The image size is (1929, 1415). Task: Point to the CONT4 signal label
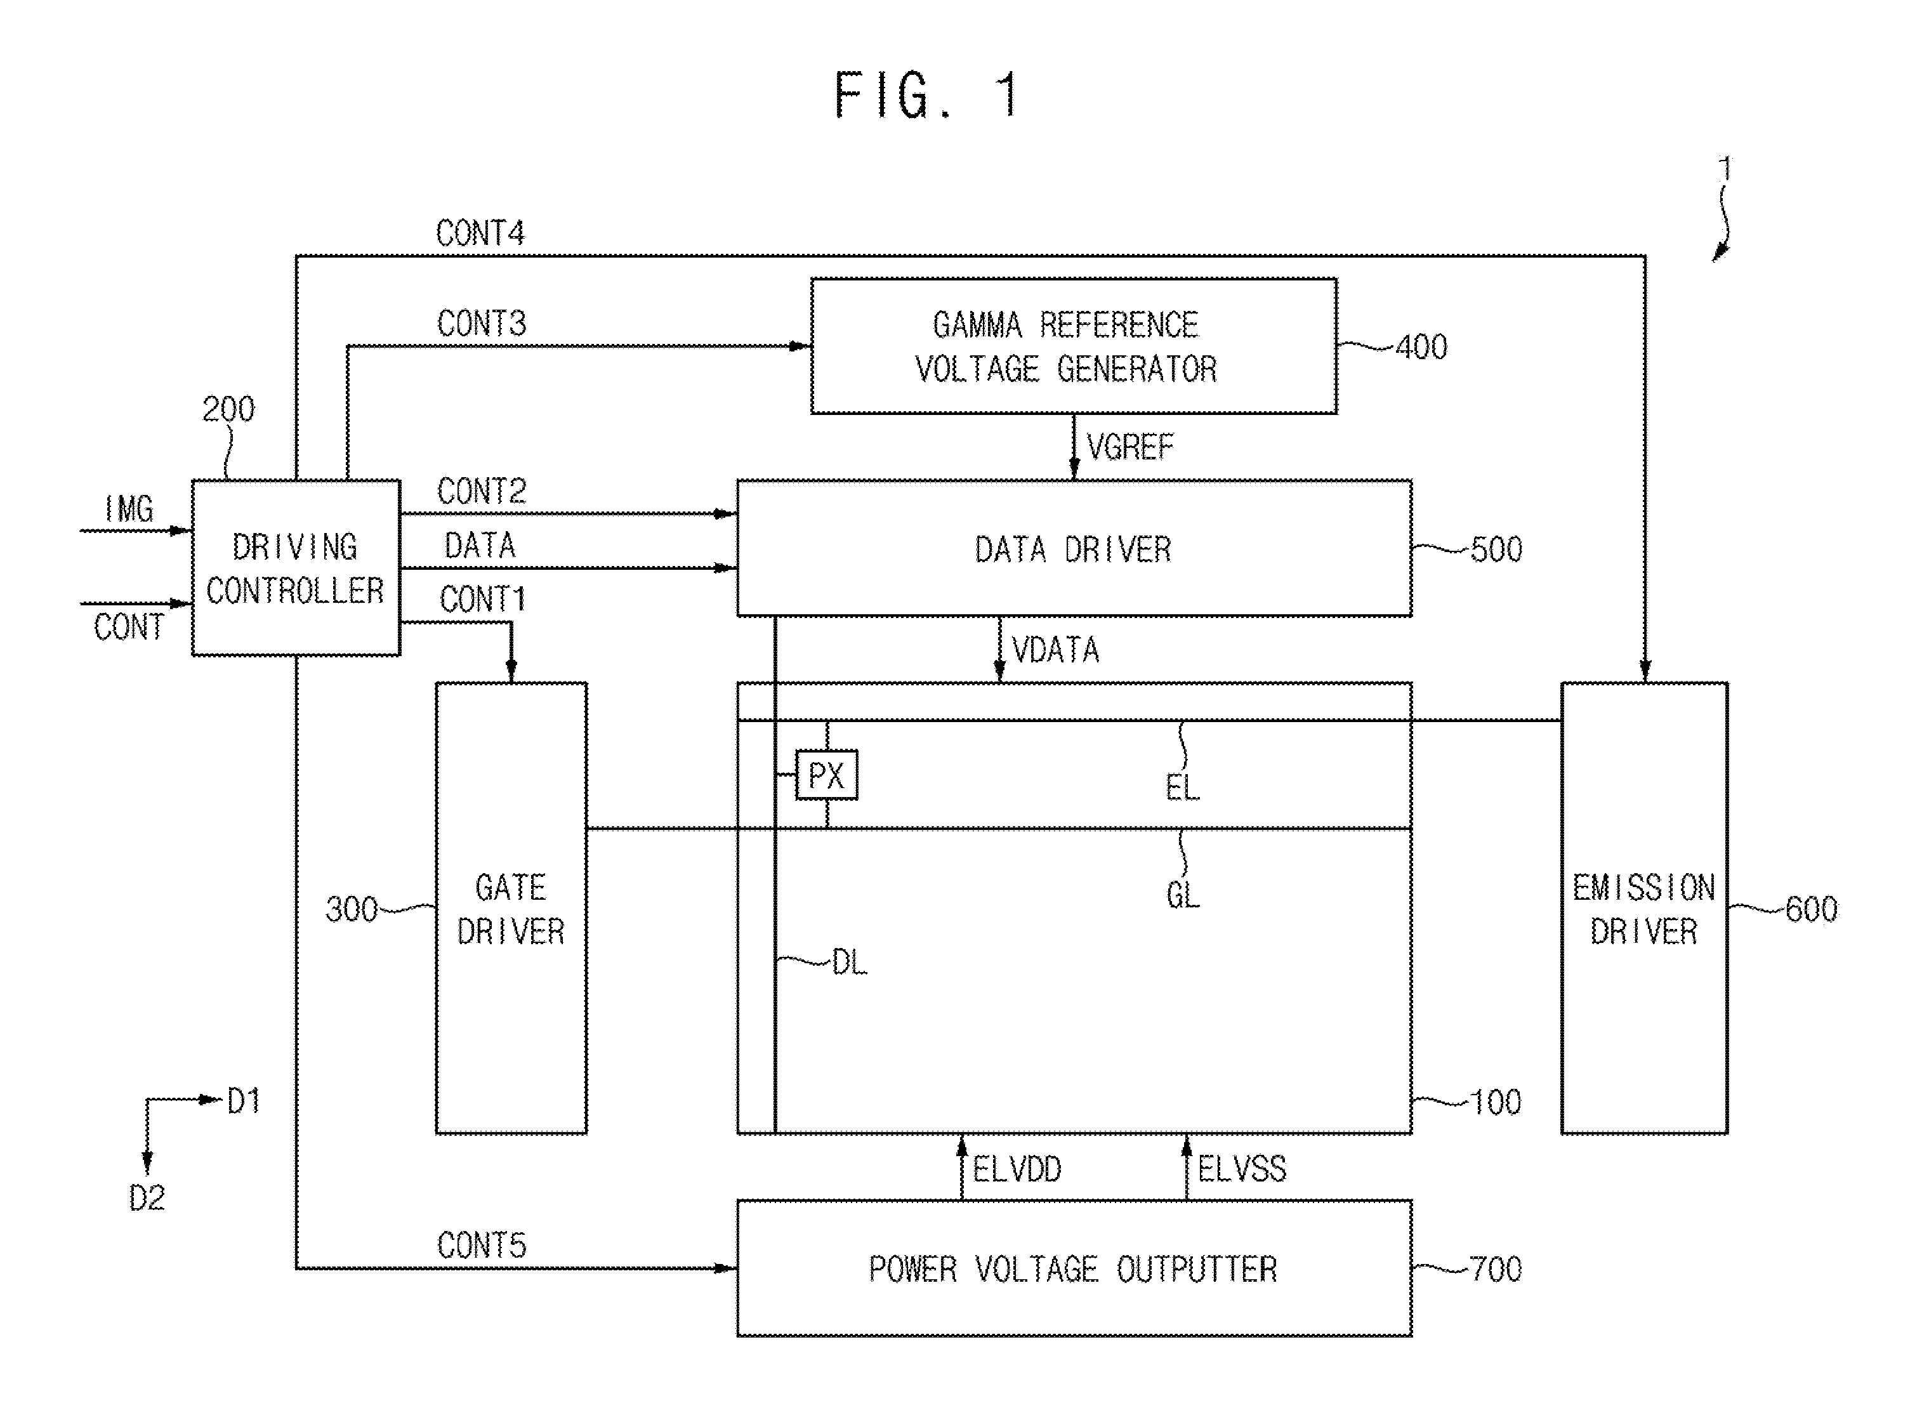[480, 233]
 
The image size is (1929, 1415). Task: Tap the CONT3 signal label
[482, 324]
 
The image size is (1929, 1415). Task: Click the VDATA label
[1055, 650]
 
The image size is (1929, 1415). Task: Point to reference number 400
[1422, 347]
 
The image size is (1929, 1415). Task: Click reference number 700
[1496, 1268]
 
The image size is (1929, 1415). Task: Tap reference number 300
[351, 909]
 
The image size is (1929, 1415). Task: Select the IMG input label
[129, 509]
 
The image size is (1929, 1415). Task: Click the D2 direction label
[147, 1197]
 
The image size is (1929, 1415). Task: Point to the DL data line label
[850, 962]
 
